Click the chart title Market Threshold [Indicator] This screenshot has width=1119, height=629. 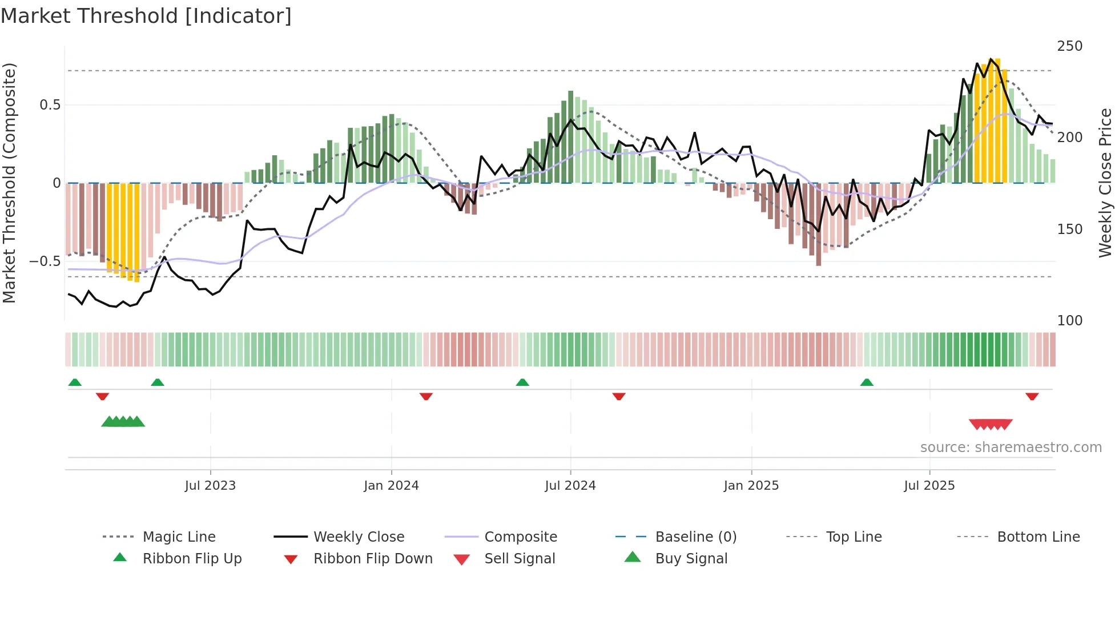[146, 16]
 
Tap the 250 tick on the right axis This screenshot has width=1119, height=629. [1069, 46]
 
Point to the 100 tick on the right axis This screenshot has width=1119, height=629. [1069, 321]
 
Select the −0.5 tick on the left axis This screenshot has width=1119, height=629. [45, 261]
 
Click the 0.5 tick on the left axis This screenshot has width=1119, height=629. [50, 105]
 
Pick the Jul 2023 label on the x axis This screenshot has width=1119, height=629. [210, 486]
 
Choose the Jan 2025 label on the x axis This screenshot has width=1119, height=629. [751, 486]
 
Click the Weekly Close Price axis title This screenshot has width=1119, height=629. [1105, 183]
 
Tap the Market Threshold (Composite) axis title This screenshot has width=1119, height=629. [9, 183]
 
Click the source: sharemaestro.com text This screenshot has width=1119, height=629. [1011, 447]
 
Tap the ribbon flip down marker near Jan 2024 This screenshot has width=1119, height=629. [426, 396]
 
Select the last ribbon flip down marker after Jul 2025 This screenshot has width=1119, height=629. [1032, 396]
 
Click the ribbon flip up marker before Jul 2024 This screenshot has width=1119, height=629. [522, 382]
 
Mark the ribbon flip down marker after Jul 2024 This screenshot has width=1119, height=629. [619, 396]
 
